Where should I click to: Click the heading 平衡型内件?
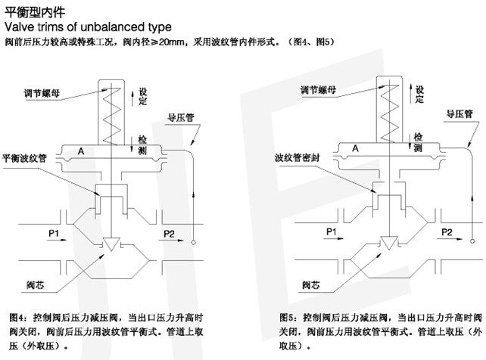coord(26,11)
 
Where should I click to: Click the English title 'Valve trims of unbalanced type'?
coord(83,26)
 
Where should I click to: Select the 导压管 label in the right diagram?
coord(460,113)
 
